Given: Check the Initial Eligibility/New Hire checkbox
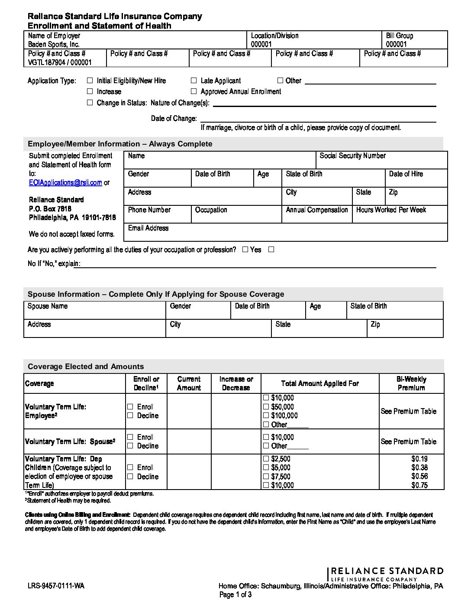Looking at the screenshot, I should tap(90, 81).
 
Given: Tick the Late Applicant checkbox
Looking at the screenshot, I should tap(194, 81).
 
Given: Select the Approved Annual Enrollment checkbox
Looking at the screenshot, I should tap(194, 91).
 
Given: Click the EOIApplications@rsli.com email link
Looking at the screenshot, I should tap(65, 183).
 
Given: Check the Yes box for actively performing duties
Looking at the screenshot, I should tap(245, 250).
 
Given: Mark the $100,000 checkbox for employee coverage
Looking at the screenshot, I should tap(266, 415).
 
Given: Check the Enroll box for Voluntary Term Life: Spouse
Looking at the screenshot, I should tap(130, 437).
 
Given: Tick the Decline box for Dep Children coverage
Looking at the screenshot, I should tap(130, 477).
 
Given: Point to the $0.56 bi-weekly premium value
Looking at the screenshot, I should tap(419, 476).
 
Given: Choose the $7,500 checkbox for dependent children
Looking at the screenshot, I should tap(266, 477).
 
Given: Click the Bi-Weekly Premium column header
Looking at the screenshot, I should tap(411, 383).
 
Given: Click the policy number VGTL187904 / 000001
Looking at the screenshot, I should tap(60, 62).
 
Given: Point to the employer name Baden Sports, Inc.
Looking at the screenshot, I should tap(54, 45).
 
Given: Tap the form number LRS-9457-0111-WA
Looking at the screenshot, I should tap(56, 586).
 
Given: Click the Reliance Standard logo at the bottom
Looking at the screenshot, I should tap(385, 574).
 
